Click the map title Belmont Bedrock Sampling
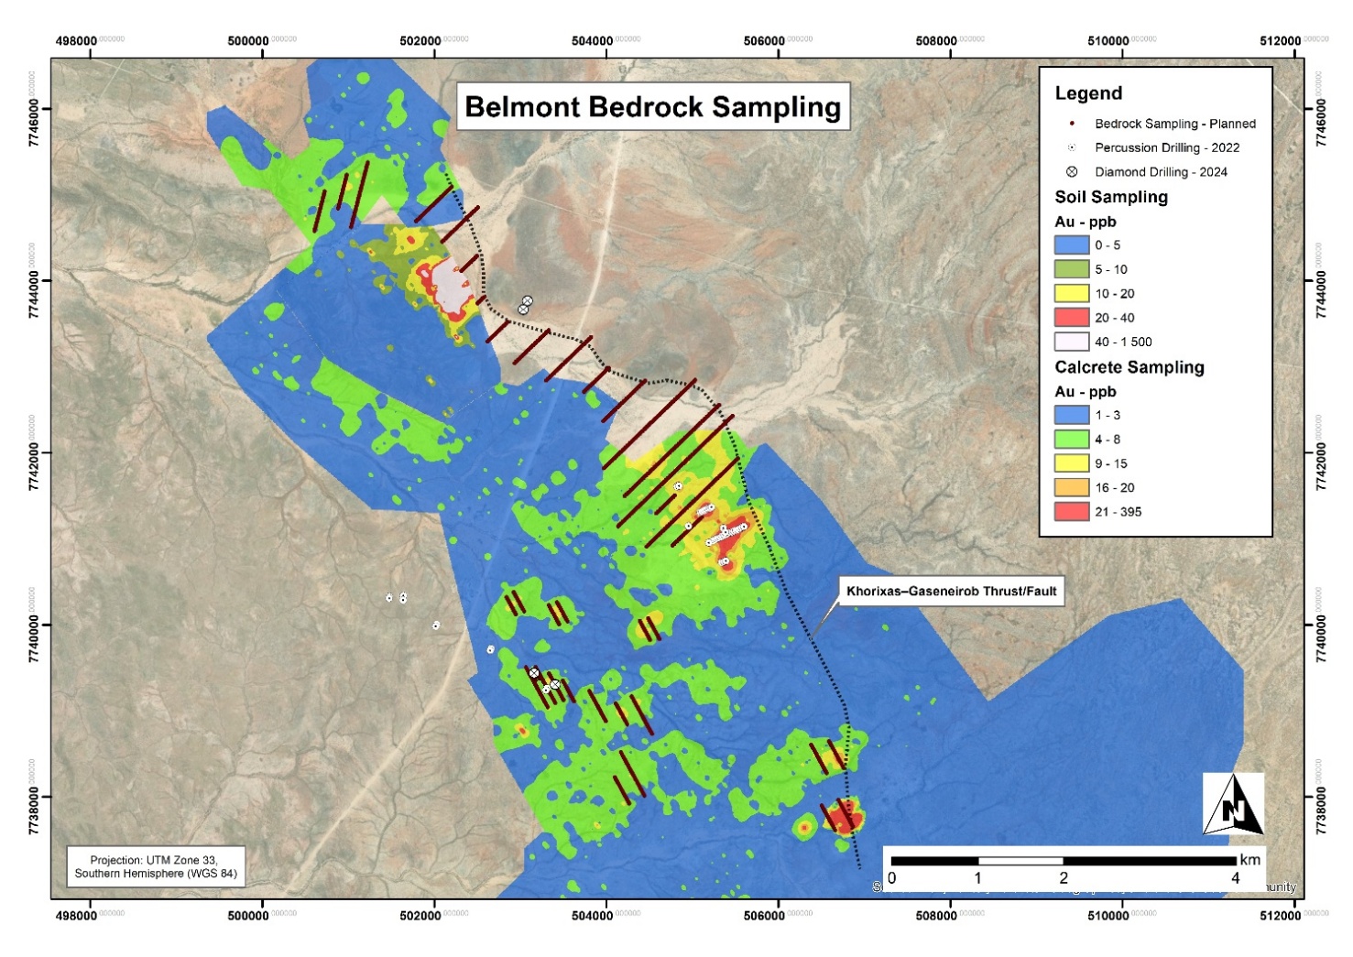(x=652, y=107)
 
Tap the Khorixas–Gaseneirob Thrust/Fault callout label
(x=951, y=592)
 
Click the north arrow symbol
(x=1233, y=804)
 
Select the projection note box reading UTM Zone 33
(x=156, y=866)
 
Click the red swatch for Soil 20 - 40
(x=1071, y=318)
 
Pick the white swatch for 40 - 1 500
(x=1071, y=342)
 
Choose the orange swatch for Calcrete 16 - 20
(x=1071, y=487)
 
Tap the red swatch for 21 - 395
(x=1071, y=512)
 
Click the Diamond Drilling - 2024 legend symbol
(x=1072, y=171)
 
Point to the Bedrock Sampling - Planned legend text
(x=1174, y=124)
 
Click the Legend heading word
(x=1088, y=93)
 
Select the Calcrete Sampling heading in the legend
(x=1129, y=367)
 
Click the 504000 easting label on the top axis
(x=593, y=41)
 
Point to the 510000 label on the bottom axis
(x=1108, y=915)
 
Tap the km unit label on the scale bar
(x=1249, y=860)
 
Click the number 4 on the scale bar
(x=1235, y=878)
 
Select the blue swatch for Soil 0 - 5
(x=1071, y=245)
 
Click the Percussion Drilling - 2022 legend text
(x=1166, y=147)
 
